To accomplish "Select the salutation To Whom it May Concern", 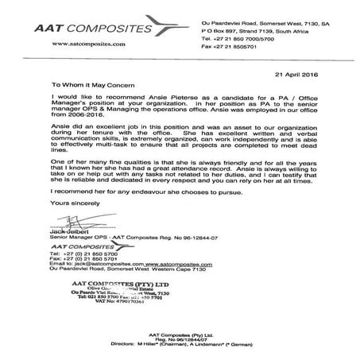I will tap(77, 82).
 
